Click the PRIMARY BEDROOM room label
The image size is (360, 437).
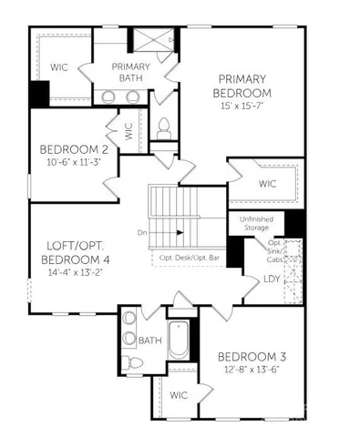(x=242, y=86)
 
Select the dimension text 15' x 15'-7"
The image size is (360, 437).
(x=242, y=107)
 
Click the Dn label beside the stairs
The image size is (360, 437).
(x=142, y=233)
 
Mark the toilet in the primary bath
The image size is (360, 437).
(x=165, y=127)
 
